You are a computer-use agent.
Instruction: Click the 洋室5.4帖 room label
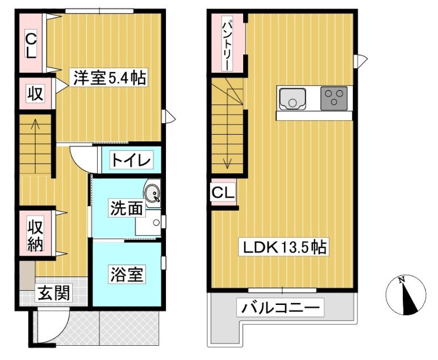(x=109, y=78)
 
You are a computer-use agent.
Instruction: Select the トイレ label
(x=131, y=160)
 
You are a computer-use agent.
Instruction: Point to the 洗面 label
(x=127, y=208)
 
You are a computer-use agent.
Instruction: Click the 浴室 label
(x=127, y=274)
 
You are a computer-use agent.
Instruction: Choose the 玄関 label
(x=53, y=292)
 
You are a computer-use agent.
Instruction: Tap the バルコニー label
(x=280, y=308)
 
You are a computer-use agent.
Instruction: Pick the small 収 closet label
(x=35, y=93)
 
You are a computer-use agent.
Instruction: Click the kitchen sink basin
(x=293, y=99)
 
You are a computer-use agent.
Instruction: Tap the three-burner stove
(x=334, y=98)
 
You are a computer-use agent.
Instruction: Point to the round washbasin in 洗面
(x=152, y=192)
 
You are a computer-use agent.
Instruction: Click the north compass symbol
(x=406, y=295)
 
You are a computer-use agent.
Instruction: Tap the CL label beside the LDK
(x=223, y=192)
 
